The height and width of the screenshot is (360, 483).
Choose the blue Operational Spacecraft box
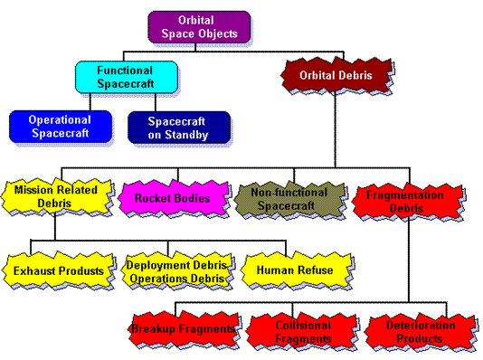pyautogui.click(x=60, y=126)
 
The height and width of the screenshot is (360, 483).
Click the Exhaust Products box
pyautogui.click(x=58, y=270)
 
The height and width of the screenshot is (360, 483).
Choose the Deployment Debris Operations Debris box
pyautogui.click(x=175, y=270)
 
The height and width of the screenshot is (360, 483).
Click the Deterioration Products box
pyautogui.click(x=418, y=332)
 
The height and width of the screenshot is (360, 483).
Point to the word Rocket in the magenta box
pyautogui.click(x=151, y=198)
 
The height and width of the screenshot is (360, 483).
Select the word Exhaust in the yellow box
pyautogui.click(x=35, y=270)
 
